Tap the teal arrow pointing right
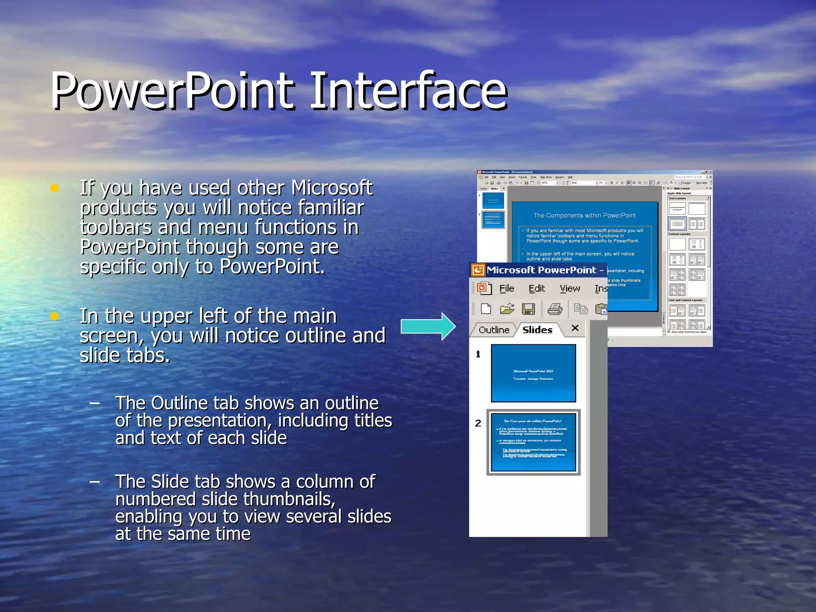pyautogui.click(x=428, y=326)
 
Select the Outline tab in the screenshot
pyautogui.click(x=494, y=330)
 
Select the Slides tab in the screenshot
pyautogui.click(x=537, y=330)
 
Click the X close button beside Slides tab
pyautogui.click(x=575, y=328)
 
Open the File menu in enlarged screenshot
pyautogui.click(x=506, y=288)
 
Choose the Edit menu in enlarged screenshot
pyautogui.click(x=536, y=288)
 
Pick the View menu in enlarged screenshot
pyautogui.click(x=569, y=288)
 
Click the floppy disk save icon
pyautogui.click(x=528, y=309)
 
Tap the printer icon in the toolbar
pyautogui.click(x=555, y=309)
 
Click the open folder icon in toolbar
pyautogui.click(x=507, y=309)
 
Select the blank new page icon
pyautogui.click(x=486, y=309)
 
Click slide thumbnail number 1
pyautogui.click(x=533, y=373)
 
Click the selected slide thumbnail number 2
pyautogui.click(x=533, y=442)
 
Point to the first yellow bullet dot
pyautogui.click(x=55, y=188)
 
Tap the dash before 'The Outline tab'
pyautogui.click(x=94, y=403)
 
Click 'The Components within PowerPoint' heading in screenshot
pyautogui.click(x=584, y=216)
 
